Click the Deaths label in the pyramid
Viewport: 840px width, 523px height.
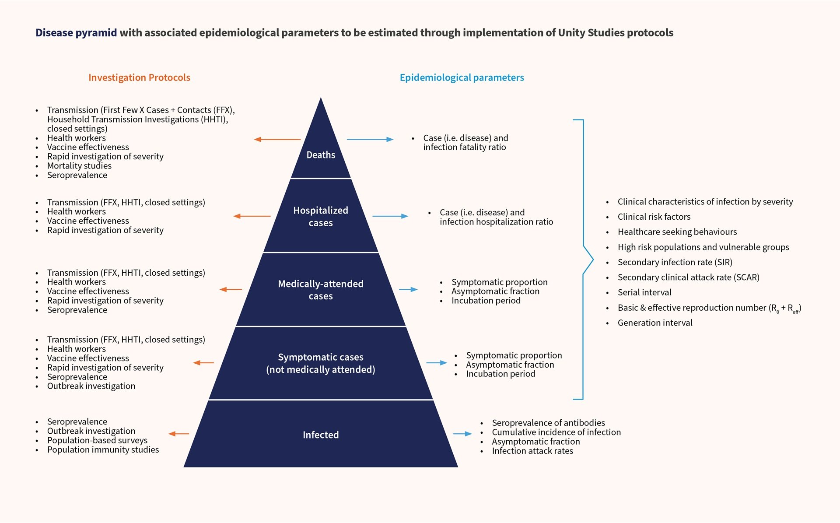(321, 155)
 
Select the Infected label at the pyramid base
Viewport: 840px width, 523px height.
(321, 435)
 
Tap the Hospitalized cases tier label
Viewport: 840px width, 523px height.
(321, 217)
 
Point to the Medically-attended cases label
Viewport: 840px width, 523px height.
(321, 290)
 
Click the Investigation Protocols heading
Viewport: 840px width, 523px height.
(139, 77)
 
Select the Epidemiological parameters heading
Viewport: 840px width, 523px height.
(462, 77)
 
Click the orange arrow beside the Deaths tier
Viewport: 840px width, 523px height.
(277, 140)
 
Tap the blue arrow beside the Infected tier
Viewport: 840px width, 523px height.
(462, 434)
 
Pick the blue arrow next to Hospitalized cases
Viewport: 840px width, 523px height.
(390, 216)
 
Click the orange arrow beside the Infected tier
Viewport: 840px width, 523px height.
(178, 434)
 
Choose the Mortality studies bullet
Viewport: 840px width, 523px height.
(79, 166)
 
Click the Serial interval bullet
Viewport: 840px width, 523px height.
(644, 292)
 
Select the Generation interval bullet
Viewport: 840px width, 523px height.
(654, 323)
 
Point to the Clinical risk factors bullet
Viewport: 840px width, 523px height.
(654, 217)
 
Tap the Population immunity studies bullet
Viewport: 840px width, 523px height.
(103, 449)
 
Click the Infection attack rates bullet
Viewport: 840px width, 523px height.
(532, 451)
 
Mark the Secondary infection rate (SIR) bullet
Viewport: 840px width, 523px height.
(675, 262)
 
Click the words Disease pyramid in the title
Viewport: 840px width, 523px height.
(76, 33)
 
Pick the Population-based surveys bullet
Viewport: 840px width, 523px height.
(97, 440)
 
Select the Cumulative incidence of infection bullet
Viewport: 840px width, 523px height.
(556, 432)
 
